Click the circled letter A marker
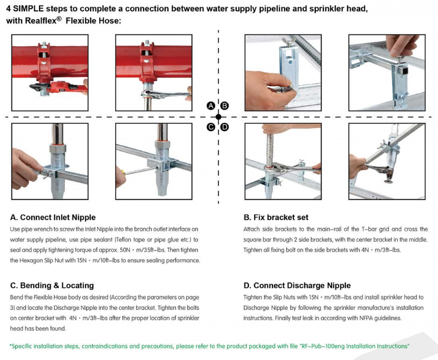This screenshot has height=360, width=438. coord(211,106)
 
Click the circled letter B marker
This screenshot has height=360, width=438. coord(224,106)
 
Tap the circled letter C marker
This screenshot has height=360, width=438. coord(211,127)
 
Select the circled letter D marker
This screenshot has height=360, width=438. coord(224,127)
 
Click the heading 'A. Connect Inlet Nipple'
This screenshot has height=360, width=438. coord(53,217)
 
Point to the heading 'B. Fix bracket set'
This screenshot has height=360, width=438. coord(276,217)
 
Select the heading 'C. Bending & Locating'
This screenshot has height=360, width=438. coord(52,286)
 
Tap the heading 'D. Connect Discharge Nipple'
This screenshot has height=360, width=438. coord(297,286)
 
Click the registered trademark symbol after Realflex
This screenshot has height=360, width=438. coord(59,19)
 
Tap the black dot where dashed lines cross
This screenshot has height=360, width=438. coord(219,117)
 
